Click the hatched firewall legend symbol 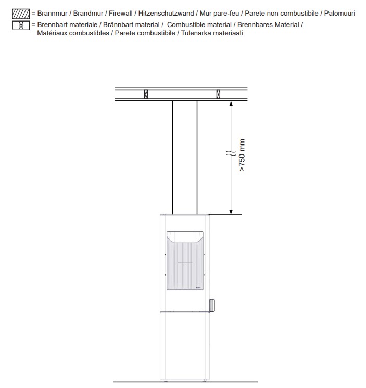tap(20, 13)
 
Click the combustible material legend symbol tap(20, 25)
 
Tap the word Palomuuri tap(340, 13)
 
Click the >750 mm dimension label tap(242, 156)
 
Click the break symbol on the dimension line tap(230, 154)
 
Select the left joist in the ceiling tap(146, 95)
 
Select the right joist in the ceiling tap(218, 95)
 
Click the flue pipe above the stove tap(185, 156)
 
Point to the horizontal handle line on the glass tap(185, 264)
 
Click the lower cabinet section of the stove tap(185, 343)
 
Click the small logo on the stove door tap(198, 286)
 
